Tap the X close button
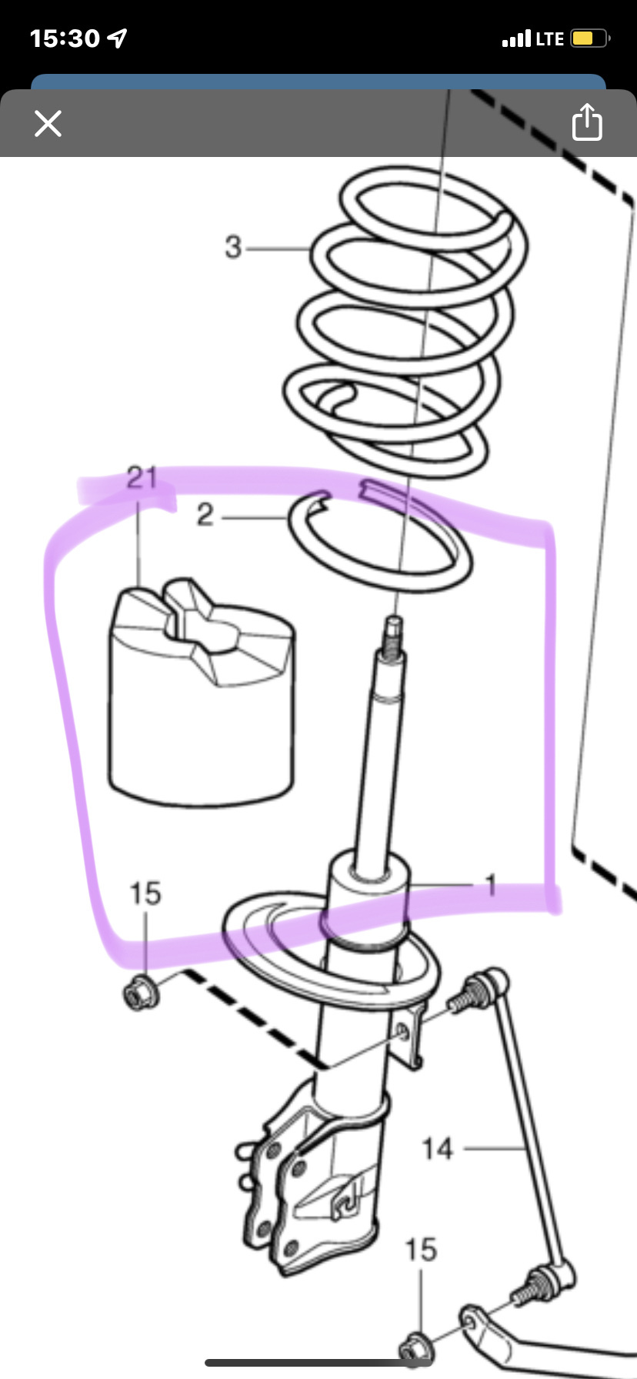pyautogui.click(x=48, y=123)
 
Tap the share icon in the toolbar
pyautogui.click(x=587, y=122)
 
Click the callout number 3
pyautogui.click(x=233, y=247)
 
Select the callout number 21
pyautogui.click(x=142, y=478)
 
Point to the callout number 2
pyautogui.click(x=205, y=515)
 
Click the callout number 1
pyautogui.click(x=490, y=885)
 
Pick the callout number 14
pyautogui.click(x=437, y=1149)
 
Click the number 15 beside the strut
pyautogui.click(x=145, y=893)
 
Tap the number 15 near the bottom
pyautogui.click(x=421, y=1250)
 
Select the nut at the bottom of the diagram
pyautogui.click(x=416, y=1348)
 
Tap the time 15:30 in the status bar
pyautogui.click(x=65, y=38)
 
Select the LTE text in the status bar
pyautogui.click(x=550, y=38)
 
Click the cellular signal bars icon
pyautogui.click(x=516, y=38)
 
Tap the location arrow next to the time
pyautogui.click(x=118, y=38)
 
